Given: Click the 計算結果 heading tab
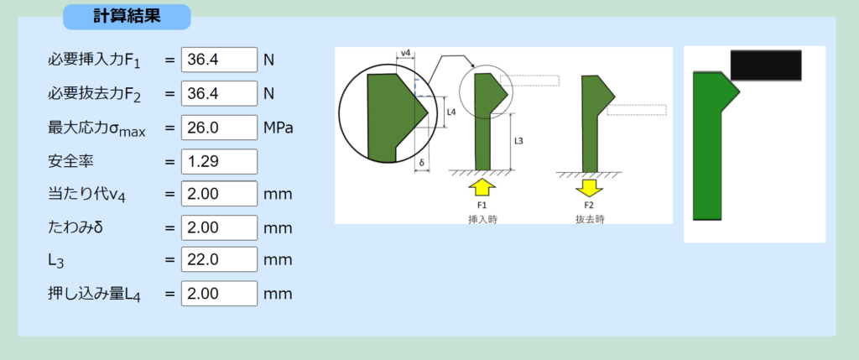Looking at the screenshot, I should coord(127,16).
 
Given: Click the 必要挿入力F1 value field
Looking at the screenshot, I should coord(219,60).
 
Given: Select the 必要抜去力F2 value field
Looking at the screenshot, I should coord(219,93).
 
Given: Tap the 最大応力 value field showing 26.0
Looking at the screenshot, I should coord(219,128).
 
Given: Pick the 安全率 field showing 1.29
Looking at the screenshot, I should coord(219,161).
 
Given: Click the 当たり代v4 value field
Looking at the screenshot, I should coord(219,194).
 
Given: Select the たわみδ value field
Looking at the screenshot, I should coord(219,227).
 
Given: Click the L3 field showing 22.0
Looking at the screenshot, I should coord(219,260).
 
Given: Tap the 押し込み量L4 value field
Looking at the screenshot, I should coord(219,294).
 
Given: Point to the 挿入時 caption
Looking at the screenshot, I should coord(483,217).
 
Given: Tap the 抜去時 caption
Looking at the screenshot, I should coord(590,217).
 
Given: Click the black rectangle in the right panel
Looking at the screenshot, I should coord(765,65).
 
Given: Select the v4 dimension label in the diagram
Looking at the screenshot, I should coord(405,54).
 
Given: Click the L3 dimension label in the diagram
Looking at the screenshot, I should coord(518,140).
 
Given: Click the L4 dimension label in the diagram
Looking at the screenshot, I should coord(450,111).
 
